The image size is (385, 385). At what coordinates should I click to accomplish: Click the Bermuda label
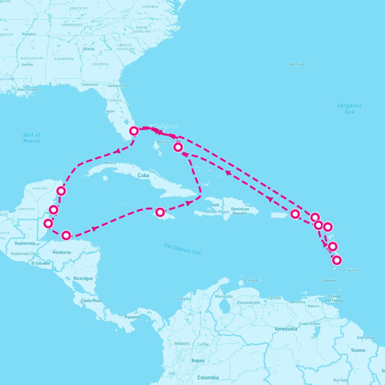pyautogui.click(x=297, y=64)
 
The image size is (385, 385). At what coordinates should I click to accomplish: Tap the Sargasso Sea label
pyautogui.click(x=349, y=108)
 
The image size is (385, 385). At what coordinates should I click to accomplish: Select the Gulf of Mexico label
pyautogui.click(x=31, y=138)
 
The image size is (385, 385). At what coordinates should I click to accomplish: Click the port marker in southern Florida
pyautogui.click(x=134, y=131)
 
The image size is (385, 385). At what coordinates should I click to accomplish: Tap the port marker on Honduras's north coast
pyautogui.click(x=66, y=235)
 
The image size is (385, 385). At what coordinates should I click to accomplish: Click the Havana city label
pyautogui.click(x=110, y=163)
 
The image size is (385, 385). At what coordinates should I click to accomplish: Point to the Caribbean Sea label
pyautogui.click(x=183, y=249)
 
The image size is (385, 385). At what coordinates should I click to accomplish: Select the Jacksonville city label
pyautogui.click(x=117, y=86)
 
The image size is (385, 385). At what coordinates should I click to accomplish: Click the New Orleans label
pyautogui.click(x=28, y=90)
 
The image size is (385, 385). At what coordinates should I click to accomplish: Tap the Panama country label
pyautogui.click(x=133, y=317)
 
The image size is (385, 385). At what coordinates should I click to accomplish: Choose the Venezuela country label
pyautogui.click(x=286, y=329)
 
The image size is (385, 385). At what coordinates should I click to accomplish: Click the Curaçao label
pyautogui.click(x=252, y=280)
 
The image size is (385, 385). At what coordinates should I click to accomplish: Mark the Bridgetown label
pyautogui.click(x=351, y=270)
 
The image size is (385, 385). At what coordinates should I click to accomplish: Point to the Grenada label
pyautogui.click(x=329, y=281)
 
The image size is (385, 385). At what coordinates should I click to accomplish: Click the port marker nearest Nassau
pyautogui.click(x=178, y=147)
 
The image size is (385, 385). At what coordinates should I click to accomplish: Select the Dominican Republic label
pyautogui.click(x=240, y=211)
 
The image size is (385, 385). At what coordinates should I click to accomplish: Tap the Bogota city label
pyautogui.click(x=198, y=361)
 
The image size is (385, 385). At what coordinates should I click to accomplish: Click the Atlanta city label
pyautogui.click(x=88, y=49)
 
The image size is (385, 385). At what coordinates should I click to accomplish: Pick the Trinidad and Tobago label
pyautogui.click(x=334, y=298)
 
